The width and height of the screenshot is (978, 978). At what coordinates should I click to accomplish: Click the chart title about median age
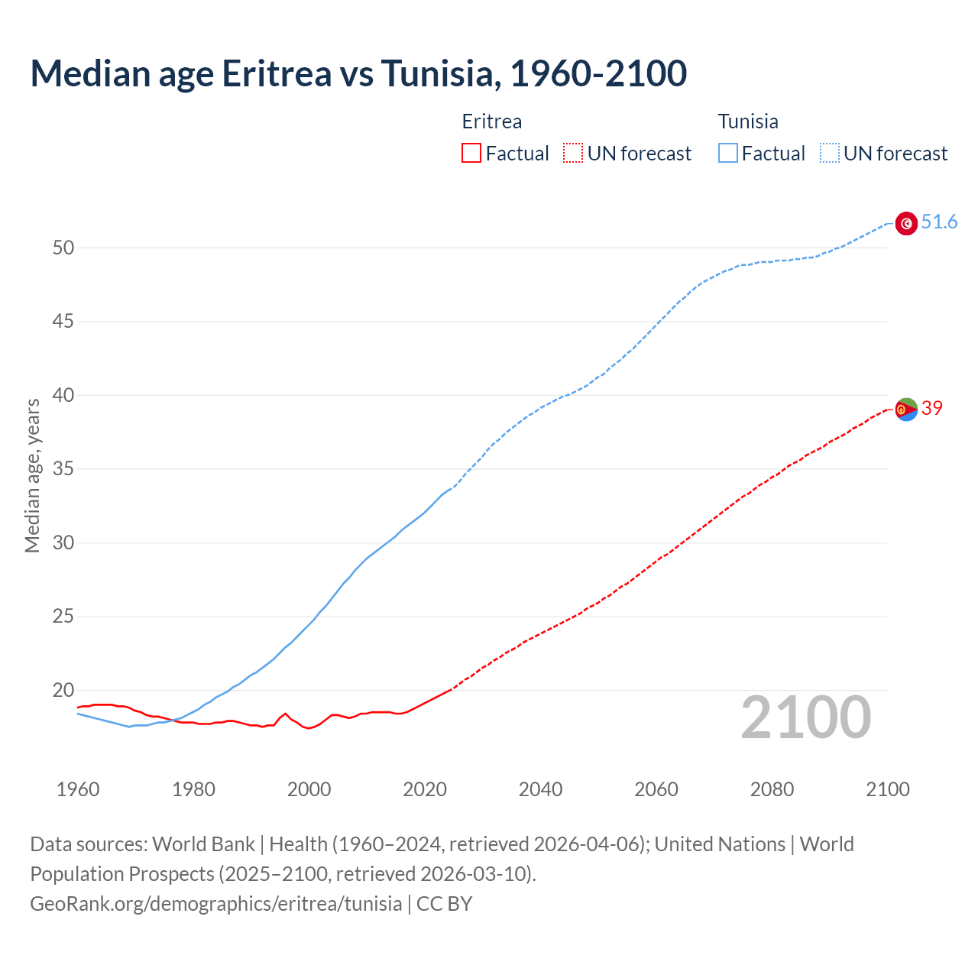pyautogui.click(x=358, y=73)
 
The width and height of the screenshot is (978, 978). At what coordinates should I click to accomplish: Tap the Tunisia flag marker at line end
pyautogui.click(x=906, y=223)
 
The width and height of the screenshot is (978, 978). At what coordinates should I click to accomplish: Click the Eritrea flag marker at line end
pyautogui.click(x=906, y=410)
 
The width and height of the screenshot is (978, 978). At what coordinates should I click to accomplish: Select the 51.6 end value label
pyautogui.click(x=939, y=222)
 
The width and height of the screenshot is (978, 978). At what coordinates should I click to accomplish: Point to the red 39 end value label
pyautogui.click(x=931, y=408)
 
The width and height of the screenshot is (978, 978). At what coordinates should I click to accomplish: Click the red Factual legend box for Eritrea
pyautogui.click(x=471, y=154)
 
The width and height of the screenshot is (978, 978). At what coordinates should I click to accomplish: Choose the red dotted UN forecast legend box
pyautogui.click(x=573, y=154)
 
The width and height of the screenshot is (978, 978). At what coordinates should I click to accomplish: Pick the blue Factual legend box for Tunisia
pyautogui.click(x=727, y=154)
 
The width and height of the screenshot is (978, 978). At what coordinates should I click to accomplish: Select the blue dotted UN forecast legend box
pyautogui.click(x=829, y=154)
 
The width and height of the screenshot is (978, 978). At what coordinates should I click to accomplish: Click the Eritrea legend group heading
pyautogui.click(x=492, y=121)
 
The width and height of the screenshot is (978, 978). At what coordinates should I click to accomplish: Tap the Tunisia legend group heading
pyautogui.click(x=748, y=121)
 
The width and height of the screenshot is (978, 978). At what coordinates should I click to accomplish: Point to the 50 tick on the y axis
pyautogui.click(x=63, y=248)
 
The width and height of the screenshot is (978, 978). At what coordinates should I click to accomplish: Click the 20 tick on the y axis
pyautogui.click(x=63, y=691)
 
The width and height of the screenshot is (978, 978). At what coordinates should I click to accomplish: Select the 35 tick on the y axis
pyautogui.click(x=63, y=469)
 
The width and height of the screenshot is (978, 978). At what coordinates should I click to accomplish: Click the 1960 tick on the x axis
pyautogui.click(x=78, y=789)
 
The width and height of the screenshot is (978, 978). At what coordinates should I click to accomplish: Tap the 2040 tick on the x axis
pyautogui.click(x=540, y=789)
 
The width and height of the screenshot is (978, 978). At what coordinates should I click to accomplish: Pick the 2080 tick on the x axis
pyautogui.click(x=772, y=789)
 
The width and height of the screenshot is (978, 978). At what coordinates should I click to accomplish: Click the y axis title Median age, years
pyautogui.click(x=32, y=475)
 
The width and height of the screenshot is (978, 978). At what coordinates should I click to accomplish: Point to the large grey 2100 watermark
pyautogui.click(x=805, y=717)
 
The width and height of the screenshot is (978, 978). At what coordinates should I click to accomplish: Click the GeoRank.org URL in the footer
pyautogui.click(x=215, y=904)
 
